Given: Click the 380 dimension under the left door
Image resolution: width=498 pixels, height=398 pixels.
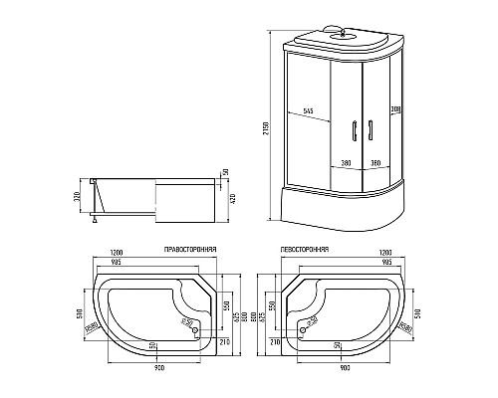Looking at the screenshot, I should [x=345, y=162].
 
